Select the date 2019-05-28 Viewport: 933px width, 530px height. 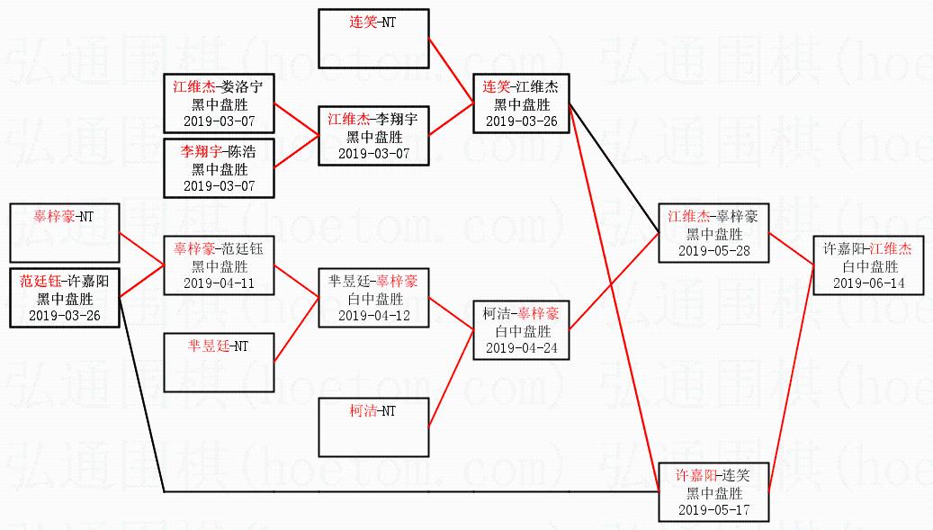(x=713, y=251)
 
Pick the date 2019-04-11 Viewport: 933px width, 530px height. (x=220, y=283)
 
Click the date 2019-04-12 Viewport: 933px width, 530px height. (x=374, y=316)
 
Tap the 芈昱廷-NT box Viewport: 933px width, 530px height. (x=219, y=362)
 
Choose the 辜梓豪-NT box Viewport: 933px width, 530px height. (x=64, y=232)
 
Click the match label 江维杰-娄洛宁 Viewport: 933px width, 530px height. (x=219, y=87)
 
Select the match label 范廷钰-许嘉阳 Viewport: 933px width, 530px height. (x=64, y=282)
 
